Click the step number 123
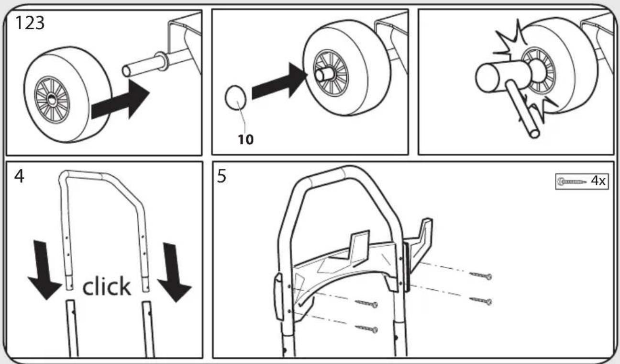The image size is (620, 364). (x=30, y=23)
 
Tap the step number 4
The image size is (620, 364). (x=19, y=176)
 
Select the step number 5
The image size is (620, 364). (x=221, y=176)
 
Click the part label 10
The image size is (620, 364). (x=246, y=139)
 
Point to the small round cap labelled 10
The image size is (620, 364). (x=235, y=98)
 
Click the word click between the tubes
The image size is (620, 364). (x=107, y=286)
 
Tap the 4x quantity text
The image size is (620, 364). (x=598, y=181)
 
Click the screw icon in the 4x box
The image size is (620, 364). (x=572, y=182)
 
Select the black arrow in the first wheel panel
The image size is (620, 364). (x=121, y=100)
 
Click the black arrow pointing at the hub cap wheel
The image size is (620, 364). (x=279, y=80)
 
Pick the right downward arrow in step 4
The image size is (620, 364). (x=174, y=273)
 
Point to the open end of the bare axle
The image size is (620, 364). (x=126, y=71)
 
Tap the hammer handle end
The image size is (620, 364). (x=534, y=134)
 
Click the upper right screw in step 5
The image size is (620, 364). (x=480, y=275)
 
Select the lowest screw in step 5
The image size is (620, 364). (x=366, y=329)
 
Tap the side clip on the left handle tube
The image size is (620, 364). (x=279, y=296)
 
